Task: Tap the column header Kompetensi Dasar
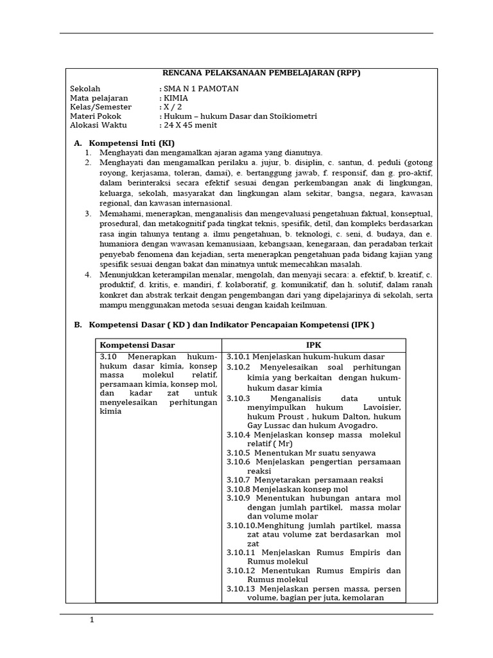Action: [x=137, y=345]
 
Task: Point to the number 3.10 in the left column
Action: [x=107, y=357]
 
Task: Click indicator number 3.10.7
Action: [x=239, y=480]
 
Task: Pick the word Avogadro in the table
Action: [x=354, y=425]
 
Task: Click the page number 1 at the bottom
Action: [x=92, y=621]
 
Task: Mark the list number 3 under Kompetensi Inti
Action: [x=89, y=213]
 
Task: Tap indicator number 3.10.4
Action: [x=239, y=435]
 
